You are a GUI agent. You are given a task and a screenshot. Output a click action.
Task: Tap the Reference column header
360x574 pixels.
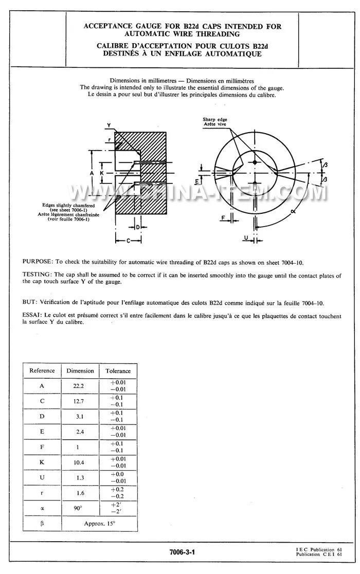coord(42,371)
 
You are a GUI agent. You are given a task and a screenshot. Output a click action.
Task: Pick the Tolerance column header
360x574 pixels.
coord(118,371)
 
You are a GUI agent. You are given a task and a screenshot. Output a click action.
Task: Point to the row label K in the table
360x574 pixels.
coord(42,462)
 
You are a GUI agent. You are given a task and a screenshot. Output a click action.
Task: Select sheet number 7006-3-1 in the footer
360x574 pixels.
coord(182,552)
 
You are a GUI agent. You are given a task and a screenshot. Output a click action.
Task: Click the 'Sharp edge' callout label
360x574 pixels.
coord(214,119)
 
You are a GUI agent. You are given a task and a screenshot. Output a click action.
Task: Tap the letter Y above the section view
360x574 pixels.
coord(109,125)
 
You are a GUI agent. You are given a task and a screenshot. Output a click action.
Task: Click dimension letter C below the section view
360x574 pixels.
coord(128,240)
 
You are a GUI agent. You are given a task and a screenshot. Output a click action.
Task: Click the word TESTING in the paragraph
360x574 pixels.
coord(37,275)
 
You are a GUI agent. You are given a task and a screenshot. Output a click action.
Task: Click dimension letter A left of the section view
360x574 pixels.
coord(92,174)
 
